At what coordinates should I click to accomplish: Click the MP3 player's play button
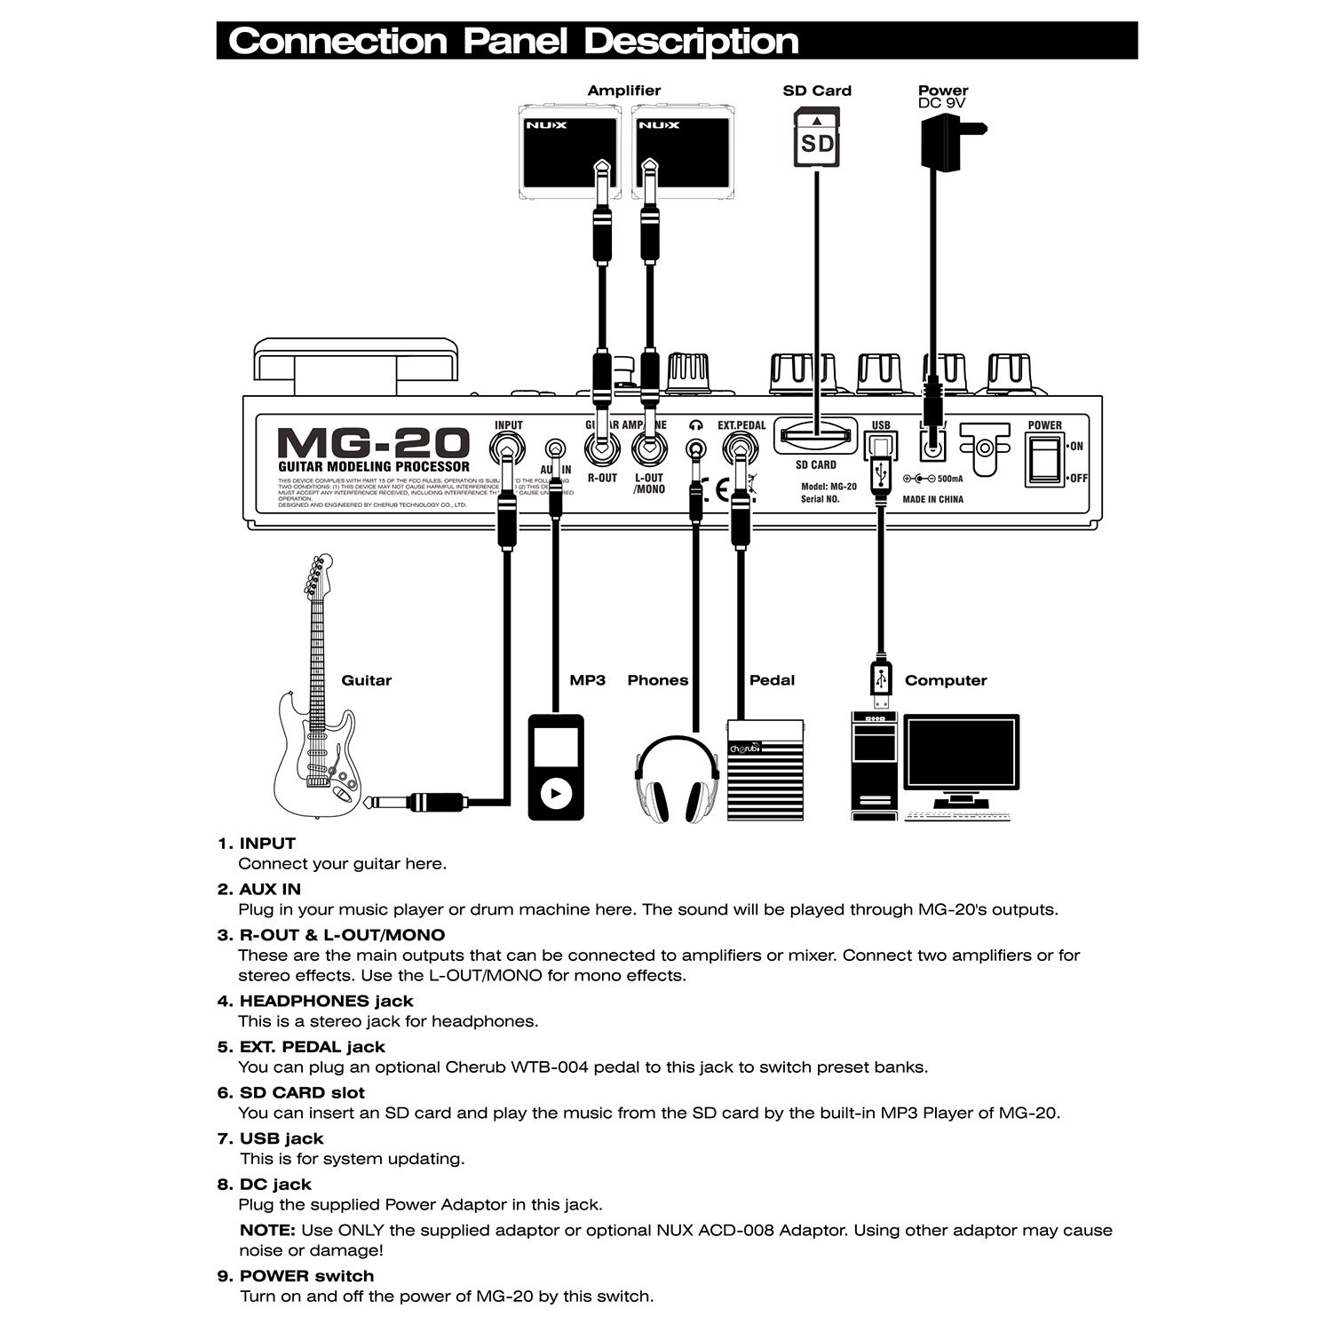(557, 792)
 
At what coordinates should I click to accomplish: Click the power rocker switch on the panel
(1045, 462)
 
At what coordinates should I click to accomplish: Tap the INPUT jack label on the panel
(509, 426)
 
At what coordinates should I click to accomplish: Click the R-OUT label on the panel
(602, 479)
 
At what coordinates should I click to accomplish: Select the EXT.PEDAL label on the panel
(741, 426)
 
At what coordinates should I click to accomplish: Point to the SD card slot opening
(815, 436)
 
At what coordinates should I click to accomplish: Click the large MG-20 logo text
(373, 443)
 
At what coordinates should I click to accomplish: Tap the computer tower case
(875, 764)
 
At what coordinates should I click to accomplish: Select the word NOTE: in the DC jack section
(267, 1231)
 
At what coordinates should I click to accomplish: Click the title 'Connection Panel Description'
(513, 42)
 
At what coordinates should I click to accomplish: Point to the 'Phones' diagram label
(657, 680)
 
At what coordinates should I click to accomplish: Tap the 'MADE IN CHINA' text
(932, 500)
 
